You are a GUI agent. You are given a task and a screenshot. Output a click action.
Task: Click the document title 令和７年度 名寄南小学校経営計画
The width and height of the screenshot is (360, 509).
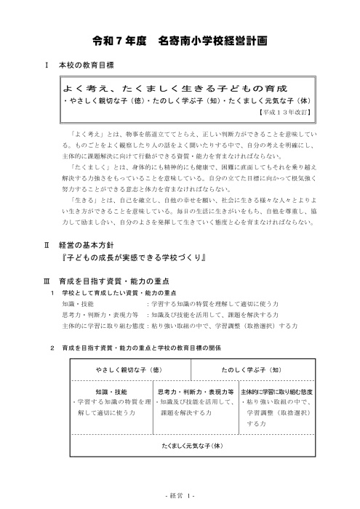(x=180, y=41)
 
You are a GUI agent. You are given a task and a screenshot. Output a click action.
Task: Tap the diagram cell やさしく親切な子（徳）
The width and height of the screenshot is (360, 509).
(x=128, y=370)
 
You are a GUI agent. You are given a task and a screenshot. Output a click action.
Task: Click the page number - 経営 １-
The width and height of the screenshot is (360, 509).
(x=179, y=496)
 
